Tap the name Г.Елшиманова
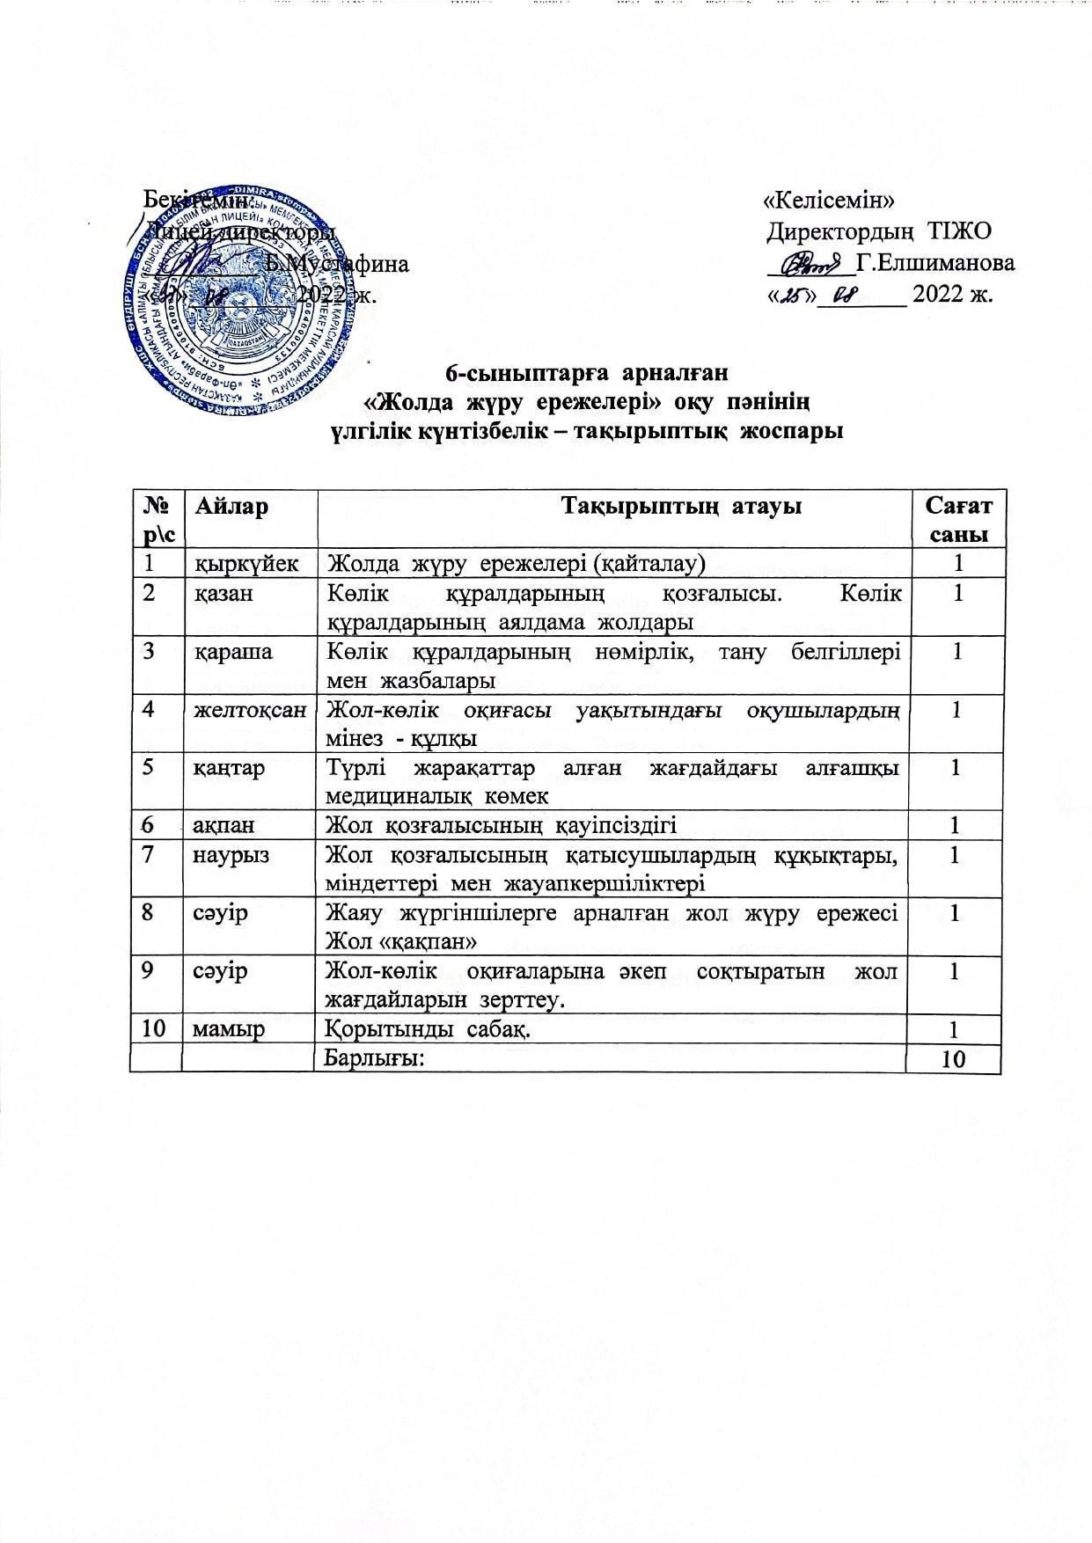coord(934,262)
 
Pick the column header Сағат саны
coord(957,520)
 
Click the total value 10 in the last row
coord(954,1058)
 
